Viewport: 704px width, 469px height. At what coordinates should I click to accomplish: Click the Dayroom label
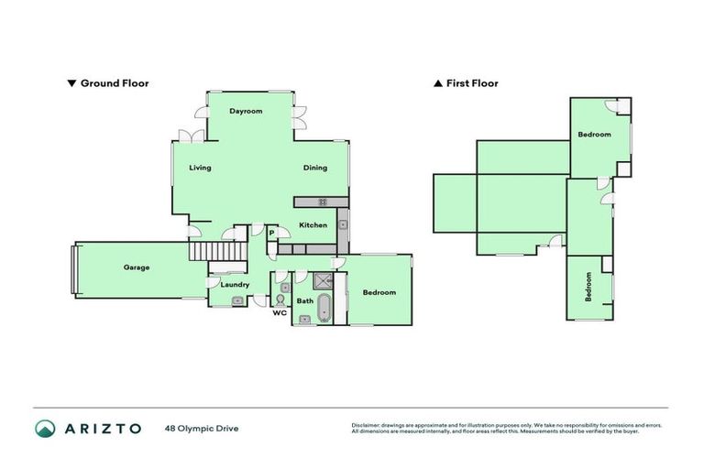[246, 111]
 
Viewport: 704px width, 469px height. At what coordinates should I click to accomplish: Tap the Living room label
[200, 168]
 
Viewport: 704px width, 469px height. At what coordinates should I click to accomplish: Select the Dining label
[315, 168]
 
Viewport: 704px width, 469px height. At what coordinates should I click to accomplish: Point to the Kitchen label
[313, 224]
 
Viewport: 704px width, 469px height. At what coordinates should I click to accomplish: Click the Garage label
[137, 267]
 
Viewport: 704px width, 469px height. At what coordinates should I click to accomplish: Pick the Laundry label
[235, 285]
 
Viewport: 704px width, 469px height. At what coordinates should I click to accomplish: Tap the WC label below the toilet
[280, 312]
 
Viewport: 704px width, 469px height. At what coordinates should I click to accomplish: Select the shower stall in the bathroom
[324, 282]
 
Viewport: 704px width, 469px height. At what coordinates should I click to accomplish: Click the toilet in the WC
[280, 300]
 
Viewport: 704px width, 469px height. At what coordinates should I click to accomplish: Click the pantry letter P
[271, 234]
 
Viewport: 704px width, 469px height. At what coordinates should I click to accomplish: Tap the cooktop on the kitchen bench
[323, 202]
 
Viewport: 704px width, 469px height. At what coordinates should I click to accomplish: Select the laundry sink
[236, 300]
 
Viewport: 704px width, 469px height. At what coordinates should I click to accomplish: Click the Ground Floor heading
[115, 83]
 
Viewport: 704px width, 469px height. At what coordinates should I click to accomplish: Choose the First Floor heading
[471, 83]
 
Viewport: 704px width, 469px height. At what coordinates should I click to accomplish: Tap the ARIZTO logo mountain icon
[45, 429]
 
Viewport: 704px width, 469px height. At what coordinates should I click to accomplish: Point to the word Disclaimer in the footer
[367, 425]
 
